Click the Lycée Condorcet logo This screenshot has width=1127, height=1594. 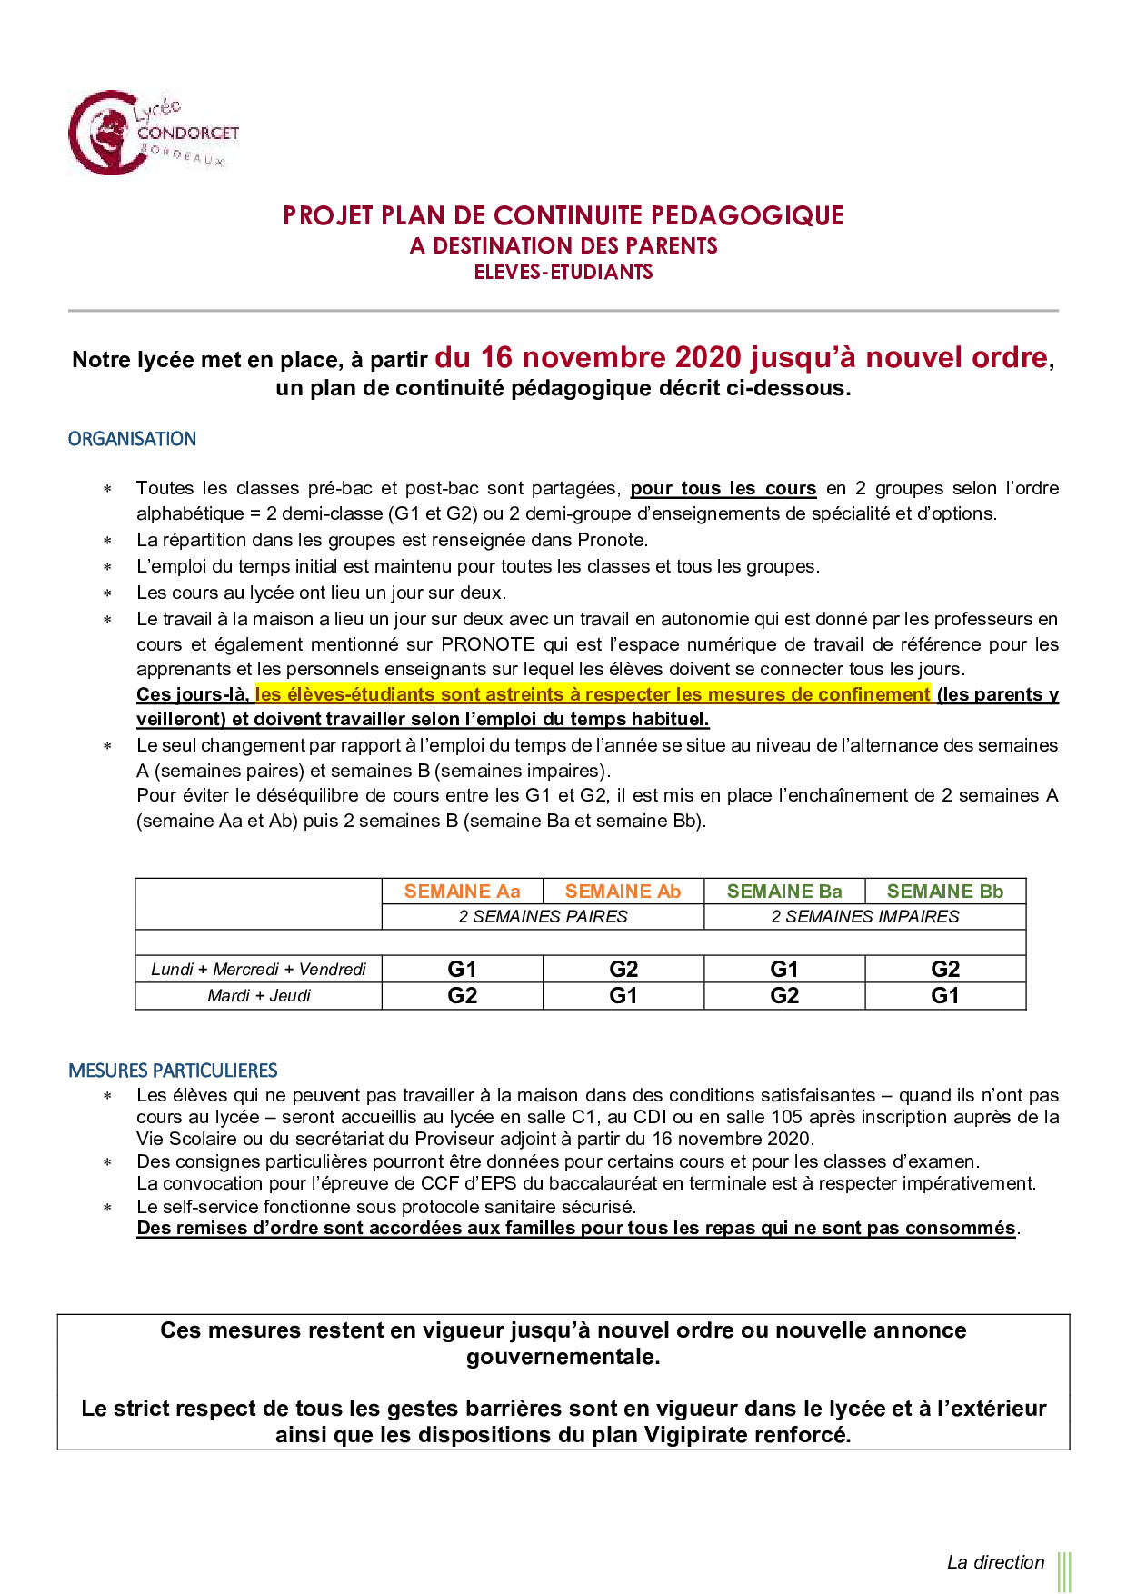152,133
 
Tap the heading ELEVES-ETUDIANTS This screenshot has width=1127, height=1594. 563,272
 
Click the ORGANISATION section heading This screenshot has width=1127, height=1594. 132,439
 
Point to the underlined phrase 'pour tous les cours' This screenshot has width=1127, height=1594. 723,488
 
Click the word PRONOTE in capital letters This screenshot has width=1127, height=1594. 488,644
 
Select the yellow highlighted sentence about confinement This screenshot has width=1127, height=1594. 593,694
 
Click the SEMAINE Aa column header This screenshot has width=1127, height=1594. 462,892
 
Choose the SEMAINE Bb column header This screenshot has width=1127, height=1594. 944,892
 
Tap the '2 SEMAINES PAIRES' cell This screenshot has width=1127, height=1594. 543,916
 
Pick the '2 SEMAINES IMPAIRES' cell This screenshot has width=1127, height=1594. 864,916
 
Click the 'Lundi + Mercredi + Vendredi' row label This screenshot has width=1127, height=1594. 258,970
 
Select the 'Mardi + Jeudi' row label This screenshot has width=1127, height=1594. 258,996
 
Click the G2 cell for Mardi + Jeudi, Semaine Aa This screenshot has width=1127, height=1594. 462,996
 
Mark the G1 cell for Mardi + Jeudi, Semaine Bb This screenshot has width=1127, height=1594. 944,996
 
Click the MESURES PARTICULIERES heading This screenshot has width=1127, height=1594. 173,1071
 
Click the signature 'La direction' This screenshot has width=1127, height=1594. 995,1562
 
